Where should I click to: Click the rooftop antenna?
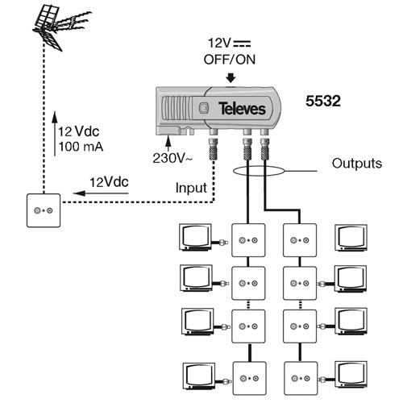tap(60, 27)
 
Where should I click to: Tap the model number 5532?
tap(323, 101)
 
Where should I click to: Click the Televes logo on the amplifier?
tap(242, 109)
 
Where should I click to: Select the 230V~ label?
tap(172, 158)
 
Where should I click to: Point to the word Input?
tap(191, 188)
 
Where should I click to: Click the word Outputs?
tap(357, 164)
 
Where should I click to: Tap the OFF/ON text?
tap(230, 60)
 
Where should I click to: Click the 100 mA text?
tap(81, 147)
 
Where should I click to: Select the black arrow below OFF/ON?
tap(231, 77)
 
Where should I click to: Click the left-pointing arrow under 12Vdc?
tap(101, 193)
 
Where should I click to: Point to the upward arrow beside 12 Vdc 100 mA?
tap(55, 134)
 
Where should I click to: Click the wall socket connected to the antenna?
tap(44, 210)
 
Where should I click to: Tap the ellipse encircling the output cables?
tap(258, 171)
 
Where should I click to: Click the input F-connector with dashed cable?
tap(214, 149)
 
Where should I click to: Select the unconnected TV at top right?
tap(351, 238)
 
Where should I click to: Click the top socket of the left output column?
tap(248, 240)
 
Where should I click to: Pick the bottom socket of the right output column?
tap(301, 378)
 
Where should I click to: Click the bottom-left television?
tap(199, 376)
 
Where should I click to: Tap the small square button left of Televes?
tap(204, 108)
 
